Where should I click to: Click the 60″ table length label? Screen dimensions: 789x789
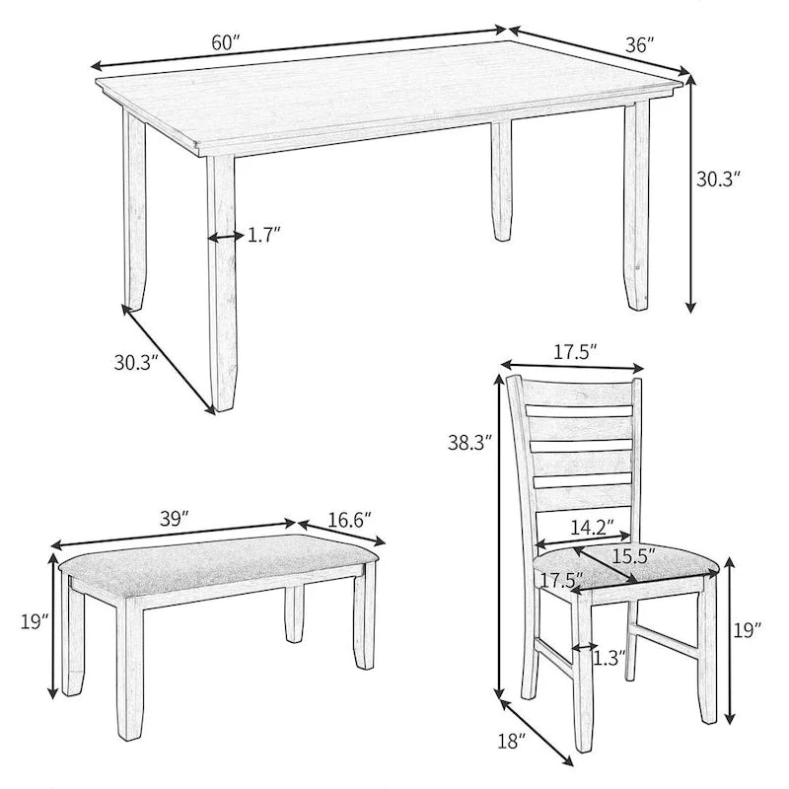pyautogui.click(x=225, y=43)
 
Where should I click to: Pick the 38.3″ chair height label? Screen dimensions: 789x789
pyautogui.click(x=464, y=444)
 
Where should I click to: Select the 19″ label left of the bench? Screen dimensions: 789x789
pyautogui.click(x=34, y=621)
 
